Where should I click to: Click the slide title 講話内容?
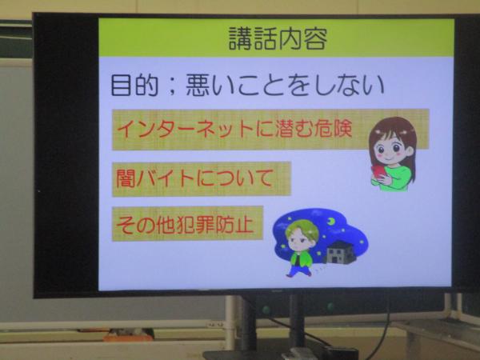click(278, 38)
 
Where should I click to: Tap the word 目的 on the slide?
click(134, 86)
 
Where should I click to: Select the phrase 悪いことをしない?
click(285, 86)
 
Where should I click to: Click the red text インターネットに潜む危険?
click(234, 128)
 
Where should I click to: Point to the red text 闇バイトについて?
click(194, 178)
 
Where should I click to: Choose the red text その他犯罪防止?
click(185, 225)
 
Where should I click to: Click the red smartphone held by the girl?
click(378, 172)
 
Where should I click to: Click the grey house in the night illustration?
click(341, 252)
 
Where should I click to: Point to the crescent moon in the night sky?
click(330, 221)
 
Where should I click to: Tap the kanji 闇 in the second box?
click(126, 178)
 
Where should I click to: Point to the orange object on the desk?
click(128, 337)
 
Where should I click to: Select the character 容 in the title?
click(316, 38)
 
